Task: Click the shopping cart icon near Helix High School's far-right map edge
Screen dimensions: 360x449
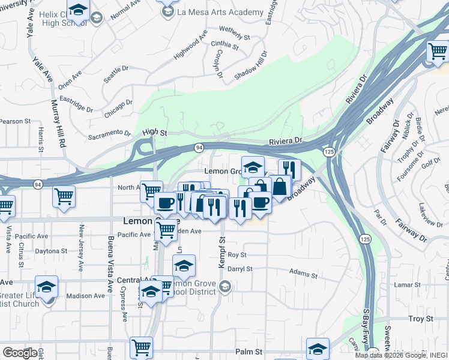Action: tap(438, 51)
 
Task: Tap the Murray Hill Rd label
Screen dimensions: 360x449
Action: tap(61, 124)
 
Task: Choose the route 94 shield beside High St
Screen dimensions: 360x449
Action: tap(197, 148)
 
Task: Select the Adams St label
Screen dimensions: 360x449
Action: tap(303, 274)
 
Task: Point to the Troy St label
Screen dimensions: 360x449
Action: tap(420, 319)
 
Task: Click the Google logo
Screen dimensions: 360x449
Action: tap(19, 352)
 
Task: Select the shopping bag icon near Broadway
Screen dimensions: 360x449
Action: tap(280, 187)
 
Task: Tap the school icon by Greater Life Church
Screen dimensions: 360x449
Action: tap(46, 287)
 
